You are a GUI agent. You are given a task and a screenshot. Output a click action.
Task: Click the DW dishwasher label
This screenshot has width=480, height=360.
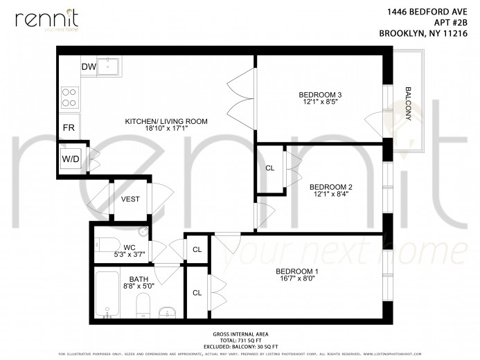[x=89, y=66]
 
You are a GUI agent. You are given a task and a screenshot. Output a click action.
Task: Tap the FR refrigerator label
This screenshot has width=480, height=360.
[x=69, y=128]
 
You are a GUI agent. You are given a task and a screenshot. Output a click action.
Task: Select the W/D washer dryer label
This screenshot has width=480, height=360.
[x=70, y=159]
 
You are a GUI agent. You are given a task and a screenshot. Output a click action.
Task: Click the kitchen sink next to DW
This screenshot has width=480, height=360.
[x=109, y=67]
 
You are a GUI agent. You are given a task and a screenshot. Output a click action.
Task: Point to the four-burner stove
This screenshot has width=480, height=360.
[x=69, y=96]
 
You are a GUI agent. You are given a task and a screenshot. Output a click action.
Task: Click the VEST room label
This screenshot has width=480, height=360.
[x=130, y=199]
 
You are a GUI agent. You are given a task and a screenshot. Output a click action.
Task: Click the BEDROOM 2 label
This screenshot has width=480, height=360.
[x=330, y=187]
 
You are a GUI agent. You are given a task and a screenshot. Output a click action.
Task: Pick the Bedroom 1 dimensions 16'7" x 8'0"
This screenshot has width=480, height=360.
[x=296, y=279]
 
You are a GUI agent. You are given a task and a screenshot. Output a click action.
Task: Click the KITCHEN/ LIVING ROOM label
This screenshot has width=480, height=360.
[x=166, y=122]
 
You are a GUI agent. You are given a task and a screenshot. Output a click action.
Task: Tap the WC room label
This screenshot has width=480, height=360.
[x=130, y=247]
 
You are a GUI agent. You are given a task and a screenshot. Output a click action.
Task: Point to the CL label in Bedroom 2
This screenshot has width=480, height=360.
[x=270, y=168]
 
